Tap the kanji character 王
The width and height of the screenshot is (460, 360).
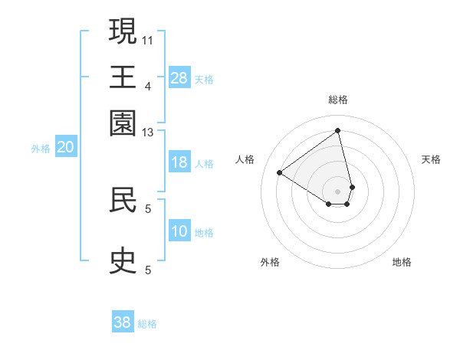pos(123,77)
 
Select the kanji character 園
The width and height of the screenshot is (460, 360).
pos(123,123)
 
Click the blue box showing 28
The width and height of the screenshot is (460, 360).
pos(179,78)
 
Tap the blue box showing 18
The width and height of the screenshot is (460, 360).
pos(179,162)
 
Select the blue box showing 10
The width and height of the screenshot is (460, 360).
pos(179,231)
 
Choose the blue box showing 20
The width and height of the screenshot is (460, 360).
pos(65,148)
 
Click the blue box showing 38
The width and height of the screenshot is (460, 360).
pos(123,322)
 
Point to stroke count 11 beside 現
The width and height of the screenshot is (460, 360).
pos(148,38)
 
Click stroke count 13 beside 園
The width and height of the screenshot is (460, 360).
pos(148,133)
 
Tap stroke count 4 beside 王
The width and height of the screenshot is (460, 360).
pos(148,86)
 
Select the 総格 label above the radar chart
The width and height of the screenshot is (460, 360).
pos(338,100)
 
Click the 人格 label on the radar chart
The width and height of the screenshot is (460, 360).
pos(245,159)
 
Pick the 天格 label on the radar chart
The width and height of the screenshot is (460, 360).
pos(431,159)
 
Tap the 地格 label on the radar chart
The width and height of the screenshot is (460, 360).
pos(402,262)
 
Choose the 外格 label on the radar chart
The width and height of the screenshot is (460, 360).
pos(270,262)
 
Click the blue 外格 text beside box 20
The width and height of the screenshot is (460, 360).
pos(40,149)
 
